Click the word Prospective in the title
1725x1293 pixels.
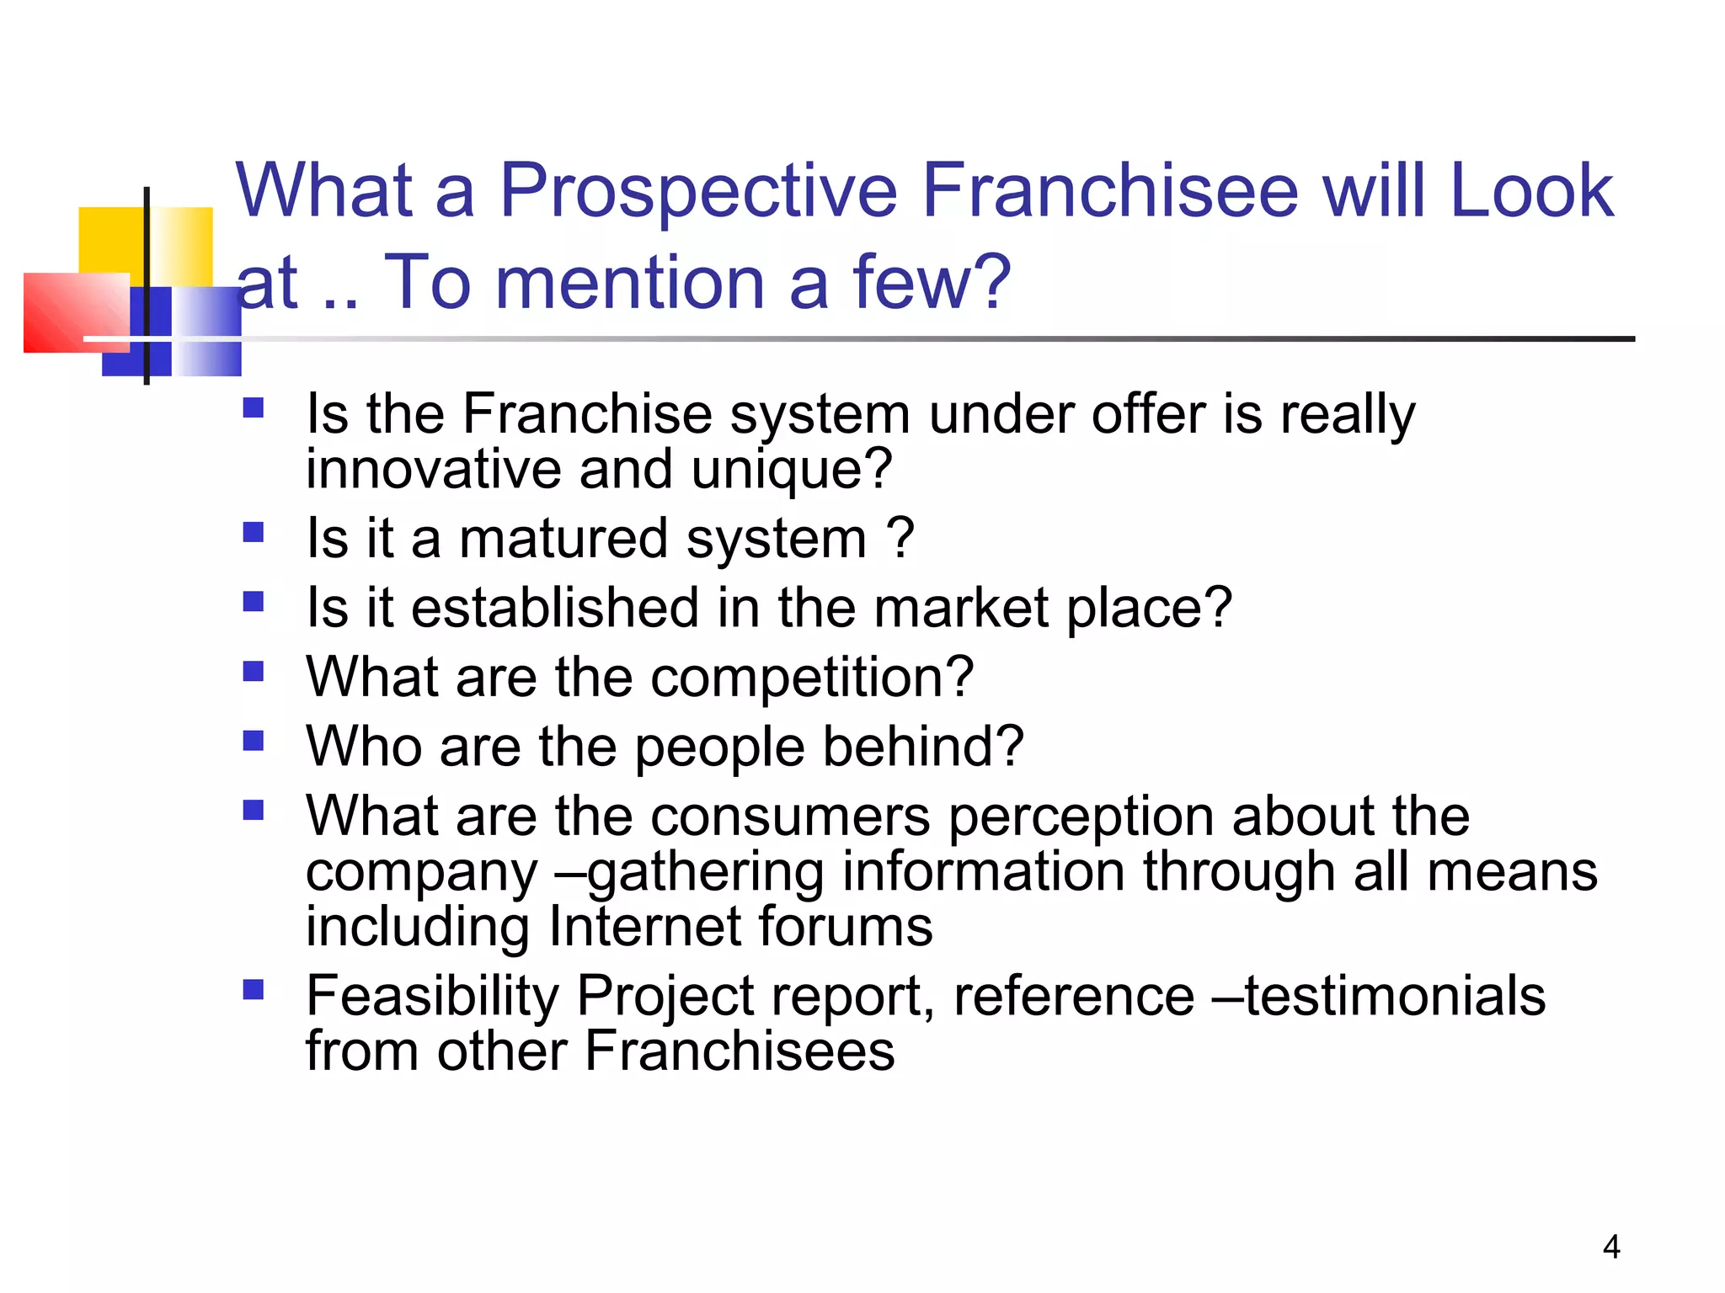pos(699,192)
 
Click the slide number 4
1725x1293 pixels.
pos(1611,1247)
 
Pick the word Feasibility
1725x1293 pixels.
pos(432,997)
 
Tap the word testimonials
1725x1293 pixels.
pos(1395,996)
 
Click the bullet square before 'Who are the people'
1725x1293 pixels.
pos(253,741)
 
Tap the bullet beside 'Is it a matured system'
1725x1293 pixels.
pos(253,532)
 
